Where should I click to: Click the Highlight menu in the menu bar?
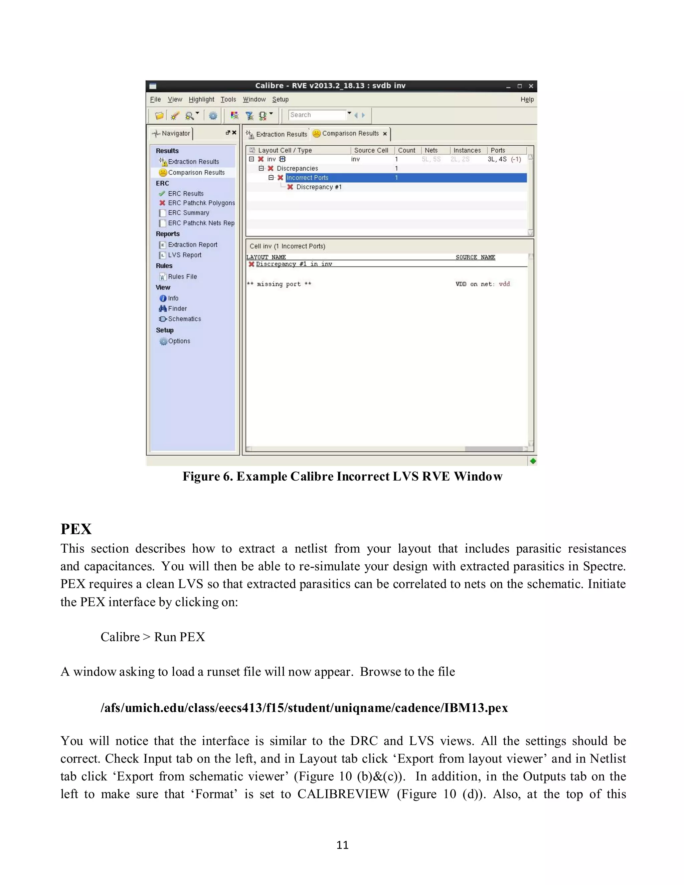click(201, 99)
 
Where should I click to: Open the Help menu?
click(527, 99)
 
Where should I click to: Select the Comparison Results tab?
click(350, 133)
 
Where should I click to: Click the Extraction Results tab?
click(278, 134)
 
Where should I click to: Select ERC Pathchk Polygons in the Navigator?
click(201, 203)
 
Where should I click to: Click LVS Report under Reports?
click(184, 255)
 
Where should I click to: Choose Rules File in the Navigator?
click(182, 277)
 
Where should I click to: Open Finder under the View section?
click(177, 308)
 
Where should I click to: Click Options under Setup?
click(179, 341)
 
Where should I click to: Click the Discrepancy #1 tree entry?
click(319, 187)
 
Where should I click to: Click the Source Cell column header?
click(371, 150)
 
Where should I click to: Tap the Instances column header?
click(467, 150)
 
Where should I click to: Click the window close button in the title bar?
click(530, 86)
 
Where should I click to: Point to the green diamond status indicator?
click(532, 461)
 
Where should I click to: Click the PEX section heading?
click(76, 529)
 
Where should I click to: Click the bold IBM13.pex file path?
click(304, 708)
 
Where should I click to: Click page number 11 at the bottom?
click(342, 845)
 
